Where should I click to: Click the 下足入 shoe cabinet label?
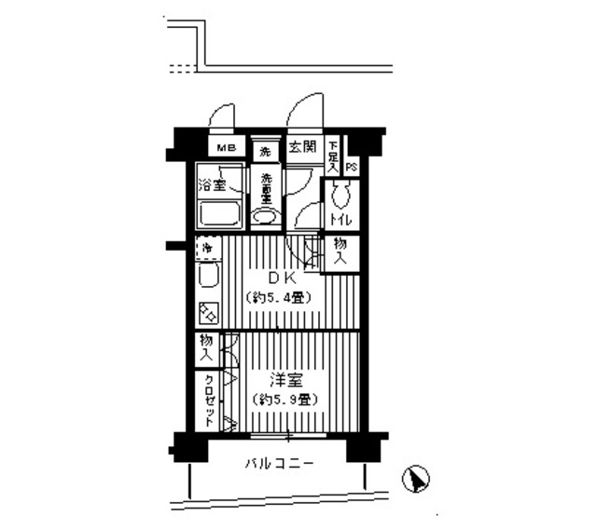333,154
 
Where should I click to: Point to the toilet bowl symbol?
340,195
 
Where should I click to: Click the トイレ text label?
340,220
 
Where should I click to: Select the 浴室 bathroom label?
212,184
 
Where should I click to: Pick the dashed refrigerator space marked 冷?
207,249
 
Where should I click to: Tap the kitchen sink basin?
208,277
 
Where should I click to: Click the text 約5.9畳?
285,399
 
